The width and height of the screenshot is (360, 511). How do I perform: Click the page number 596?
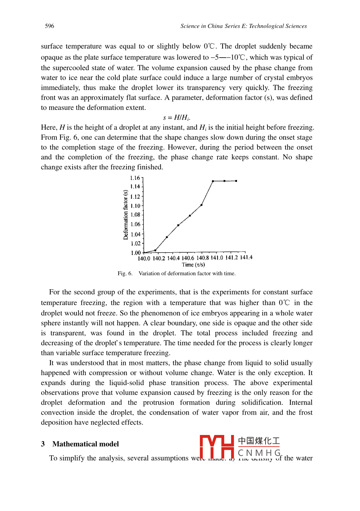point(49,26)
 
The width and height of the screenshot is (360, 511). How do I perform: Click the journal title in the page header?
point(243,26)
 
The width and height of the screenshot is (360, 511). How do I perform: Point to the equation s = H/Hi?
point(177,118)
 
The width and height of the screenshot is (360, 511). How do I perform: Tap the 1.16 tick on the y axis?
point(135,178)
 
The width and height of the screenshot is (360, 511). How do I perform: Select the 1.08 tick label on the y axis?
point(135,215)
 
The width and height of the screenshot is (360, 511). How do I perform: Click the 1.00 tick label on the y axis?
point(135,253)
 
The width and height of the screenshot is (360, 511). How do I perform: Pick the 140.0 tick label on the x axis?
point(144,259)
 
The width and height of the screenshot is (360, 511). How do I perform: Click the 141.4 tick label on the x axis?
point(246,258)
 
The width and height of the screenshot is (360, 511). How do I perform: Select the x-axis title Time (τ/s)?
point(193,265)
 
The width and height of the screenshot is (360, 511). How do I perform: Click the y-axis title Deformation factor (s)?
point(126,215)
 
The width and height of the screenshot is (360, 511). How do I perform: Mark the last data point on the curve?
point(236,181)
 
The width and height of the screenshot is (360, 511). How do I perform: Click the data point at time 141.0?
point(213,181)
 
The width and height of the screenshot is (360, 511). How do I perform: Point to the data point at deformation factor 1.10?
point(201,205)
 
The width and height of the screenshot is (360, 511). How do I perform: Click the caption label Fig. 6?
point(125,274)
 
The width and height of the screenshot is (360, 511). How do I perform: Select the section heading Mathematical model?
point(85,444)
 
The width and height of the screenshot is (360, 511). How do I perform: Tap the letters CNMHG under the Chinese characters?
point(259,453)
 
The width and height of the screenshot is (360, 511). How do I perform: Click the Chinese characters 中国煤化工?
point(259,441)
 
